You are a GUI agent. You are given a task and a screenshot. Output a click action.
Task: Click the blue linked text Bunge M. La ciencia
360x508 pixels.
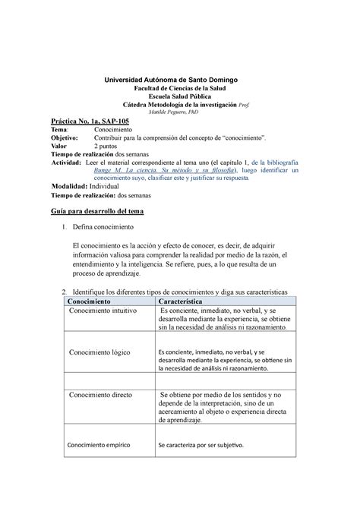pyautogui.click(x=158, y=172)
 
